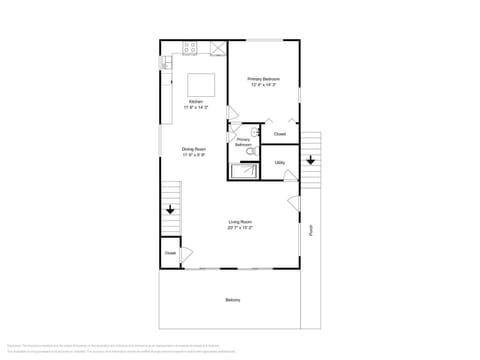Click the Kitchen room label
196,101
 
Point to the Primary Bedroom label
264,79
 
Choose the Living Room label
240,221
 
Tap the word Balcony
233,299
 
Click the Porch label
311,229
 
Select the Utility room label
280,162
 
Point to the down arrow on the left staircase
170,210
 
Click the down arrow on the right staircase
310,159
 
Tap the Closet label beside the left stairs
170,253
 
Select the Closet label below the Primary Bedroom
280,133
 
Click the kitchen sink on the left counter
166,63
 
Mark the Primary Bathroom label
243,143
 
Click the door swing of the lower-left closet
186,252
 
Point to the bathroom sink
256,131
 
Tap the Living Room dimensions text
240,228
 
